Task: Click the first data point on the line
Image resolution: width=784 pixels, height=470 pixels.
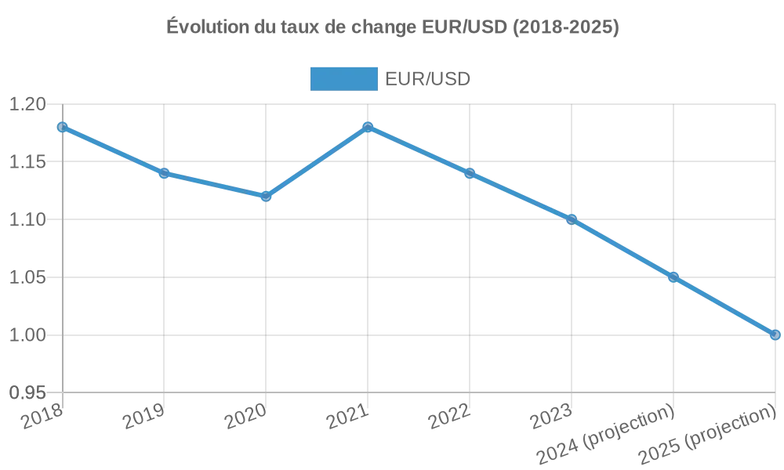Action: (x=62, y=126)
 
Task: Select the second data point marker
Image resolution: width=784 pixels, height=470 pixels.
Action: (x=164, y=173)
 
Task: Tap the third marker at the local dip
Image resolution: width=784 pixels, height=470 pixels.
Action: (x=266, y=196)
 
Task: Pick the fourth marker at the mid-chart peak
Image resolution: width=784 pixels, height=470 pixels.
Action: (x=368, y=125)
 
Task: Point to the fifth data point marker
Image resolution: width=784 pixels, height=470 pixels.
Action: (x=470, y=173)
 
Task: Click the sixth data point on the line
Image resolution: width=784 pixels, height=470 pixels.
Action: (x=572, y=219)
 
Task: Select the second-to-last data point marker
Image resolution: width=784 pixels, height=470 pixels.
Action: (x=673, y=277)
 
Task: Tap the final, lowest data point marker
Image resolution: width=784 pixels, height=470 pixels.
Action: (x=775, y=335)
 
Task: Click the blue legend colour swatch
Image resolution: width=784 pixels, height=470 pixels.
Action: (x=344, y=78)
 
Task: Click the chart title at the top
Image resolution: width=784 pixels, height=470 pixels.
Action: (x=392, y=28)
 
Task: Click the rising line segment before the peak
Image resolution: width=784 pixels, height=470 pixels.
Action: (x=317, y=161)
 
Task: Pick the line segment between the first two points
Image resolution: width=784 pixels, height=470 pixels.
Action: (x=113, y=150)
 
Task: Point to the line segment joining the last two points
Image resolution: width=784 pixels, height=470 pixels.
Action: (x=724, y=305)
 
